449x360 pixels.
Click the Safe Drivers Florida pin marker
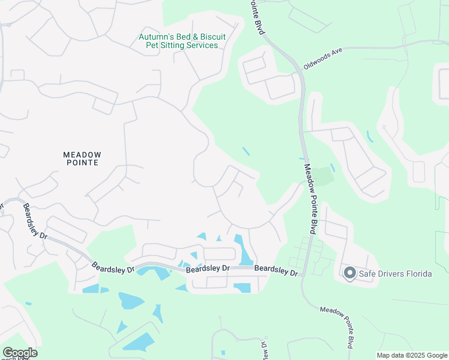click(349, 273)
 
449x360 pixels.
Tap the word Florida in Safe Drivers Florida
click(418, 274)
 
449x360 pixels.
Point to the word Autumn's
click(155, 37)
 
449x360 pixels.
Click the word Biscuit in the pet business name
click(212, 37)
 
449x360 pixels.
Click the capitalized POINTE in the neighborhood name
click(80, 163)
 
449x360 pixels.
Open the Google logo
click(20, 353)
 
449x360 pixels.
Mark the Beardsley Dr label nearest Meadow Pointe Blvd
click(276, 270)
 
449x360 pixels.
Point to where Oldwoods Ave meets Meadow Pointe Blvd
click(298, 70)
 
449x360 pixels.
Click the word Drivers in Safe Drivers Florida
click(389, 274)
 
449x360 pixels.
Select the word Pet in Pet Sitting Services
click(146, 46)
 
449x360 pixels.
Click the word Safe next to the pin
click(367, 274)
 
